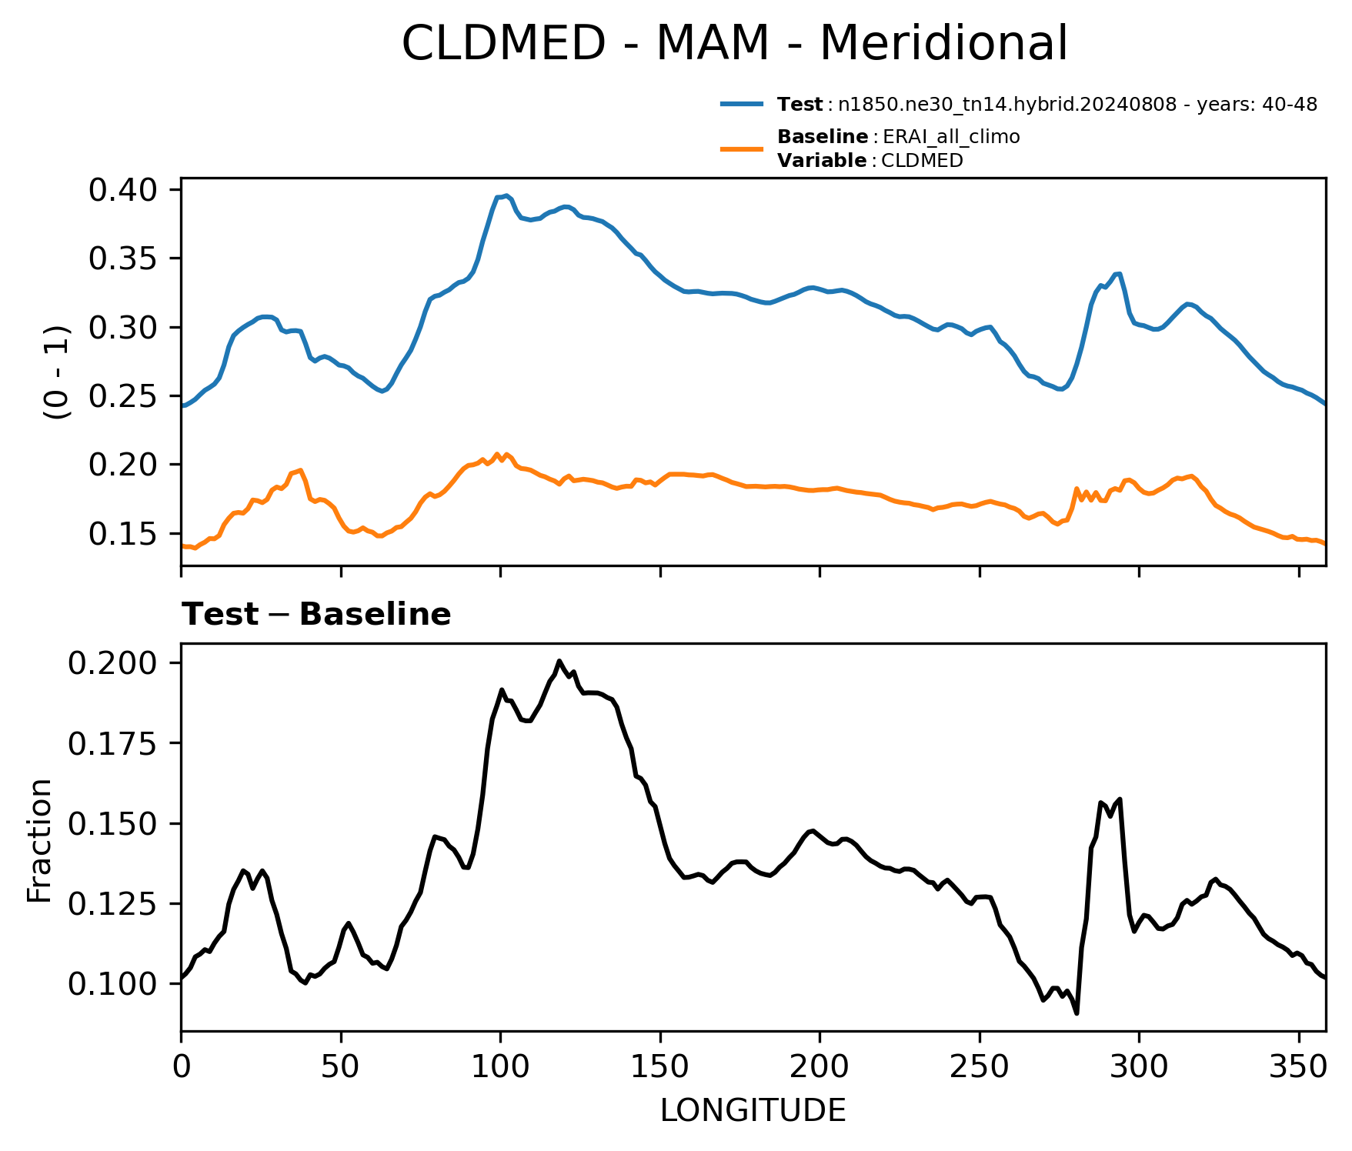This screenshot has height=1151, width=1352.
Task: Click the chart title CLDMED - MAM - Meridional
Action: coord(735,43)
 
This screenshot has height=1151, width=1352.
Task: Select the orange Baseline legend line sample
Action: coord(742,148)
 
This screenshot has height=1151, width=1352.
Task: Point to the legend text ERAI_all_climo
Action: coord(951,137)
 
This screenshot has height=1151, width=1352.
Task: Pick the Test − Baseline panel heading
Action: coord(316,615)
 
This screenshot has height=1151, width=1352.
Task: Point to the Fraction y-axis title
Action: coord(39,840)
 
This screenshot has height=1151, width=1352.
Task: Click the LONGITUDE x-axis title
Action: coord(753,1110)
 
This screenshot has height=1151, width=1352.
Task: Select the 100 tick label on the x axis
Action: coord(500,1066)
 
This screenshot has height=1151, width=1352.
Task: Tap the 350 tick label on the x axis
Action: coord(1299,1066)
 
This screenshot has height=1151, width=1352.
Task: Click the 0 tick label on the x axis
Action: coord(181,1066)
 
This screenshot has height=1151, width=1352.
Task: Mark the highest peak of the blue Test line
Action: coord(506,195)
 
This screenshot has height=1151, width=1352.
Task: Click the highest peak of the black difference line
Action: coord(559,661)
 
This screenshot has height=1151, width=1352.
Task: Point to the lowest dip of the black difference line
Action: coord(1077,1013)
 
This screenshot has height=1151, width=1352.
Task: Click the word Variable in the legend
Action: coord(822,161)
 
